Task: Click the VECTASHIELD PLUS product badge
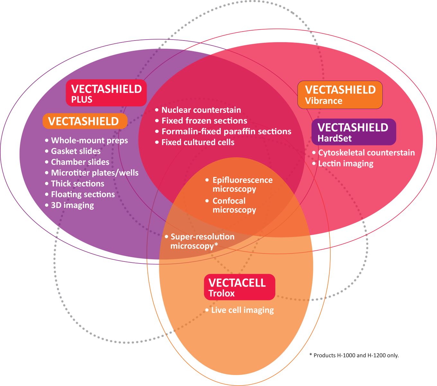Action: coord(106,93)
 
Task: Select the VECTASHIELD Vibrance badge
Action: coord(340,95)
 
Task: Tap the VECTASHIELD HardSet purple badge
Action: coord(353,132)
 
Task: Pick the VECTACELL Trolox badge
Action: coord(239,287)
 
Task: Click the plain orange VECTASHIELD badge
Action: coord(85,121)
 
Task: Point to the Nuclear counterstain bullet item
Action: coord(201,110)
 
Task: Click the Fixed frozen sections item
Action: coord(204,121)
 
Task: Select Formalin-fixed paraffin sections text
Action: coord(226,132)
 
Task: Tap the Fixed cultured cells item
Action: coord(198,142)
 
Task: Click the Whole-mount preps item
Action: coord(89,141)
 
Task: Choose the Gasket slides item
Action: coord(76,151)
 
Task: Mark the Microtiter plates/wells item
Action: coord(94,173)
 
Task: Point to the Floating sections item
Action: coord(83,194)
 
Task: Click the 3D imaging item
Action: coord(72,205)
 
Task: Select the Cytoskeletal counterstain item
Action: coord(366,153)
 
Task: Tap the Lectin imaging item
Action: coord(346,163)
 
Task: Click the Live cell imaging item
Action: coord(242,310)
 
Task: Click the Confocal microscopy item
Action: coord(234,206)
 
